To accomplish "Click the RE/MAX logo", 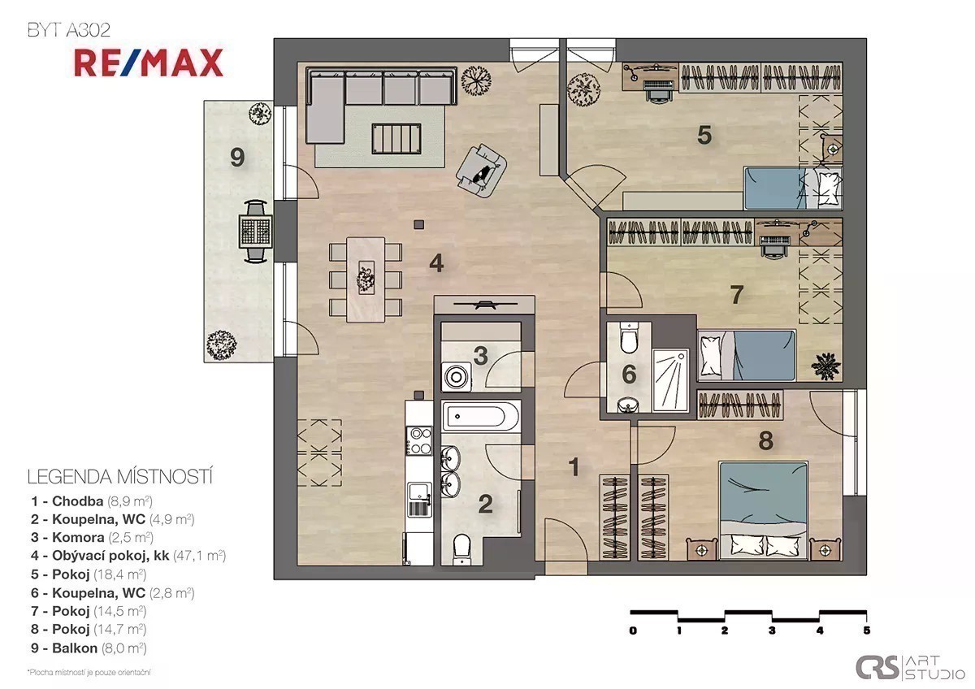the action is pyautogui.click(x=149, y=63).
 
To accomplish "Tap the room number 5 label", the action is pyautogui.click(x=704, y=135).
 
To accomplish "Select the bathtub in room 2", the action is pyautogui.click(x=481, y=416).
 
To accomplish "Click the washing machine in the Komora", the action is pyautogui.click(x=456, y=376).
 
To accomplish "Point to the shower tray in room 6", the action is pyautogui.click(x=671, y=380).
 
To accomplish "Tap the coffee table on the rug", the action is pyautogui.click(x=396, y=138).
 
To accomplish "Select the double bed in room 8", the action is pyautogui.click(x=764, y=510).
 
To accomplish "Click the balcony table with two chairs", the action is pyautogui.click(x=255, y=231).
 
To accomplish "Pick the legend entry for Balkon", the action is pyautogui.click(x=89, y=648).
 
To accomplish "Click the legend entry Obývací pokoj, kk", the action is pyautogui.click(x=128, y=556).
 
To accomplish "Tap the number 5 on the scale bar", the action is pyautogui.click(x=866, y=630).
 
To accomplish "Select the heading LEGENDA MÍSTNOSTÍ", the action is pyautogui.click(x=119, y=477).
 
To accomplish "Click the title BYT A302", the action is pyautogui.click(x=69, y=30).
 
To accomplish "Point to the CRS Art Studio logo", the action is pyautogui.click(x=910, y=667).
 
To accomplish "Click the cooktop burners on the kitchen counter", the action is pyautogui.click(x=419, y=440).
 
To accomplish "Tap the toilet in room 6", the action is pyautogui.click(x=629, y=338).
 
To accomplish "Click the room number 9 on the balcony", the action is pyautogui.click(x=237, y=157).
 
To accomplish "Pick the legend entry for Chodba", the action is pyautogui.click(x=91, y=501).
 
